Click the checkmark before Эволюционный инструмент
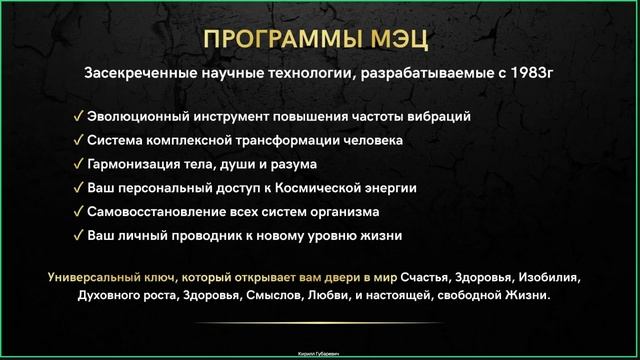[x=78, y=116]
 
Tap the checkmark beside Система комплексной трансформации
[x=78, y=140]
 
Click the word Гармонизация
[x=136, y=164]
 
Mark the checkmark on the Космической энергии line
[x=78, y=188]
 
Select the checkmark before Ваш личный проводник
[x=78, y=236]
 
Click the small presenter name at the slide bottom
[x=319, y=353]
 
